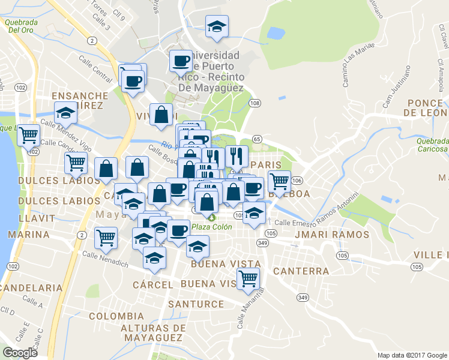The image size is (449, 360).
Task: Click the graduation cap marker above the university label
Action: (217, 26)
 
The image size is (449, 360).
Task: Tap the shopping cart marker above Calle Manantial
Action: (248, 278)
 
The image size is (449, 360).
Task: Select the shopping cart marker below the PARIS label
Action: (279, 180)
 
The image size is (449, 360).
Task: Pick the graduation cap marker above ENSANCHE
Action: (65, 112)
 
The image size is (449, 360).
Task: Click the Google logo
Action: (20, 353)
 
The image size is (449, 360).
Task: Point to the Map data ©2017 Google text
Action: (412, 355)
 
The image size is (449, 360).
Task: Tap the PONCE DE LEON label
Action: (425, 107)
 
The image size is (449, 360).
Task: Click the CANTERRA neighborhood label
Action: (301, 271)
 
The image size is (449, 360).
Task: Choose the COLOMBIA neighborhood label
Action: (116, 316)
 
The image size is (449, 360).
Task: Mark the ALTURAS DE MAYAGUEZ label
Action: (153, 332)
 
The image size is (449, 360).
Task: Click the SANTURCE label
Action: (196, 304)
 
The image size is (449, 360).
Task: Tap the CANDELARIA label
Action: (31, 288)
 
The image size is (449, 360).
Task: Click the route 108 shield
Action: (255, 103)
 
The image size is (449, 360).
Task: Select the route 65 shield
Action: (258, 139)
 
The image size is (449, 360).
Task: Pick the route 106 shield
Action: (298, 180)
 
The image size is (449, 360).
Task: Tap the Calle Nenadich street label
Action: (105, 259)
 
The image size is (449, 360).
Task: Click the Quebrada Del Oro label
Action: (21, 25)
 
